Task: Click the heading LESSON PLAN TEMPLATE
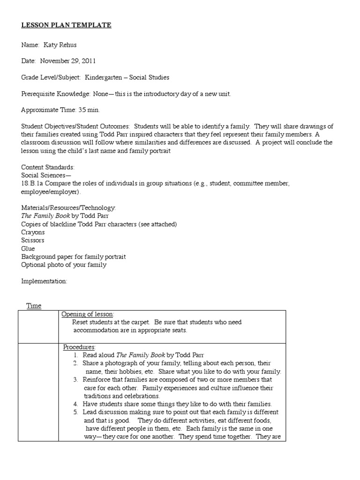[x=66, y=25]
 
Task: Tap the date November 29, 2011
[x=68, y=60]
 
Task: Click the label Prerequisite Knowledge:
[x=56, y=94]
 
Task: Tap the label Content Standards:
[x=48, y=167]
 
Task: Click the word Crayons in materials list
[x=33, y=232]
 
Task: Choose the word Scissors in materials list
[x=33, y=240]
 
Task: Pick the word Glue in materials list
[x=28, y=248]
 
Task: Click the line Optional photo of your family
[x=64, y=265]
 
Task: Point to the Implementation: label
[x=44, y=281]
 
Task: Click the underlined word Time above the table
[x=33, y=306]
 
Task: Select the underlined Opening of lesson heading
[x=88, y=314]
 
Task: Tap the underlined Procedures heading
[x=79, y=347]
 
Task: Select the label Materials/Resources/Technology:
[x=68, y=208]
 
